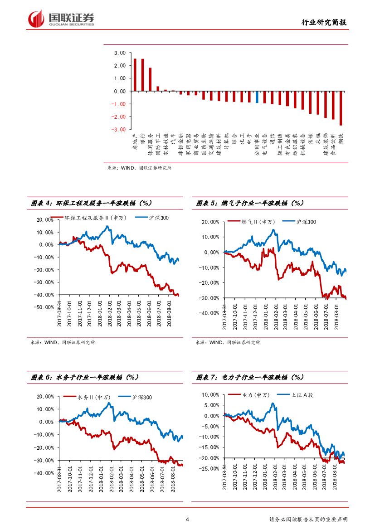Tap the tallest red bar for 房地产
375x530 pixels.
135,75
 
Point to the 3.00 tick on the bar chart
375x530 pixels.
120,53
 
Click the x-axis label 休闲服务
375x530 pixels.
150,145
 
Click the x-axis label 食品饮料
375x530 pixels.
333,145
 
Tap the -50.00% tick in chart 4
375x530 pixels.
44,307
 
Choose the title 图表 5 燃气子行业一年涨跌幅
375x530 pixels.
249,204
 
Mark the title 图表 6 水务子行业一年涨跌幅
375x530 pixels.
84,377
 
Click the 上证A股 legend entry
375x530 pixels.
302,395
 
